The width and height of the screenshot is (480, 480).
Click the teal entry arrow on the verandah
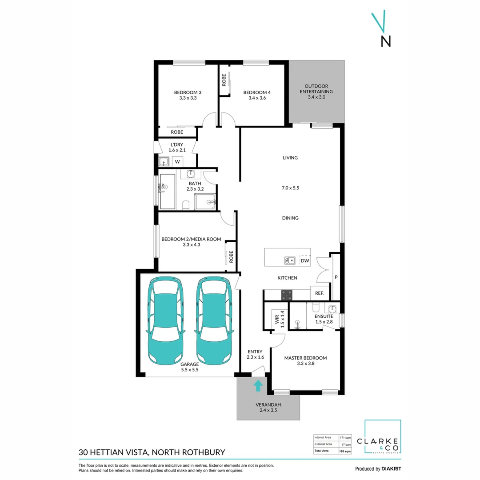[x=258, y=385]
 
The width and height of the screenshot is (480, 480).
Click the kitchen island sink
[x=290, y=260]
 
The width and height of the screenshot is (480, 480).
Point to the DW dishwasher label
[x=305, y=261]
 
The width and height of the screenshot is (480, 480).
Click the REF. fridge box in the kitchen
[x=320, y=293]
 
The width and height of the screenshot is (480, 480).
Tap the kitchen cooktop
[x=287, y=294]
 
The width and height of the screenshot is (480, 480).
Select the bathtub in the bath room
[x=168, y=191]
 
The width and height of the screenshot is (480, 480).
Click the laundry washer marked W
[x=177, y=162]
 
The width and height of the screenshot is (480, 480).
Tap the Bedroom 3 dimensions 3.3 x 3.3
[x=188, y=98]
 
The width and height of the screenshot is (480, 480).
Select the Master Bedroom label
[x=305, y=358]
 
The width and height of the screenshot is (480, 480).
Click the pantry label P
[x=336, y=277]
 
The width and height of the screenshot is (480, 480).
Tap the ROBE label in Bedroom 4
[x=224, y=80]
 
